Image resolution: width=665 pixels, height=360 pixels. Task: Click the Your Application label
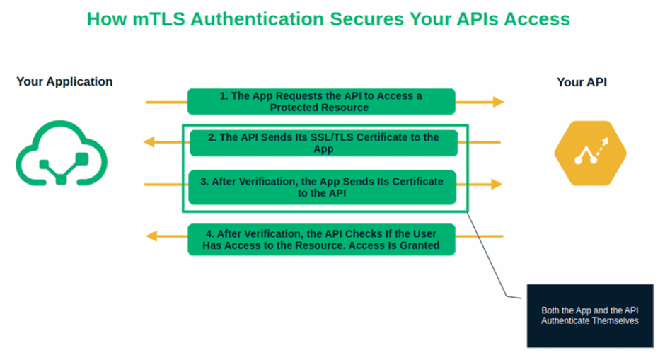point(64,81)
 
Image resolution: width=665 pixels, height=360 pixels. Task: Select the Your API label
point(582,82)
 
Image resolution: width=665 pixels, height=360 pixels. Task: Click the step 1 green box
point(320,101)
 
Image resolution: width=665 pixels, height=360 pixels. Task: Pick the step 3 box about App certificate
point(322,187)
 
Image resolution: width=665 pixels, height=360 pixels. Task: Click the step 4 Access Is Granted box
point(320,239)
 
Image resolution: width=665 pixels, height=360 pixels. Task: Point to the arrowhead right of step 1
point(498,102)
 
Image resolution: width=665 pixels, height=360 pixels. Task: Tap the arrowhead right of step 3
point(497,184)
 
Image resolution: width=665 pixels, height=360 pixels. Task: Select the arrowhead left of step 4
point(151,236)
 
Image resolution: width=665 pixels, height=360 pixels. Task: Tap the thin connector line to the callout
point(492,262)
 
